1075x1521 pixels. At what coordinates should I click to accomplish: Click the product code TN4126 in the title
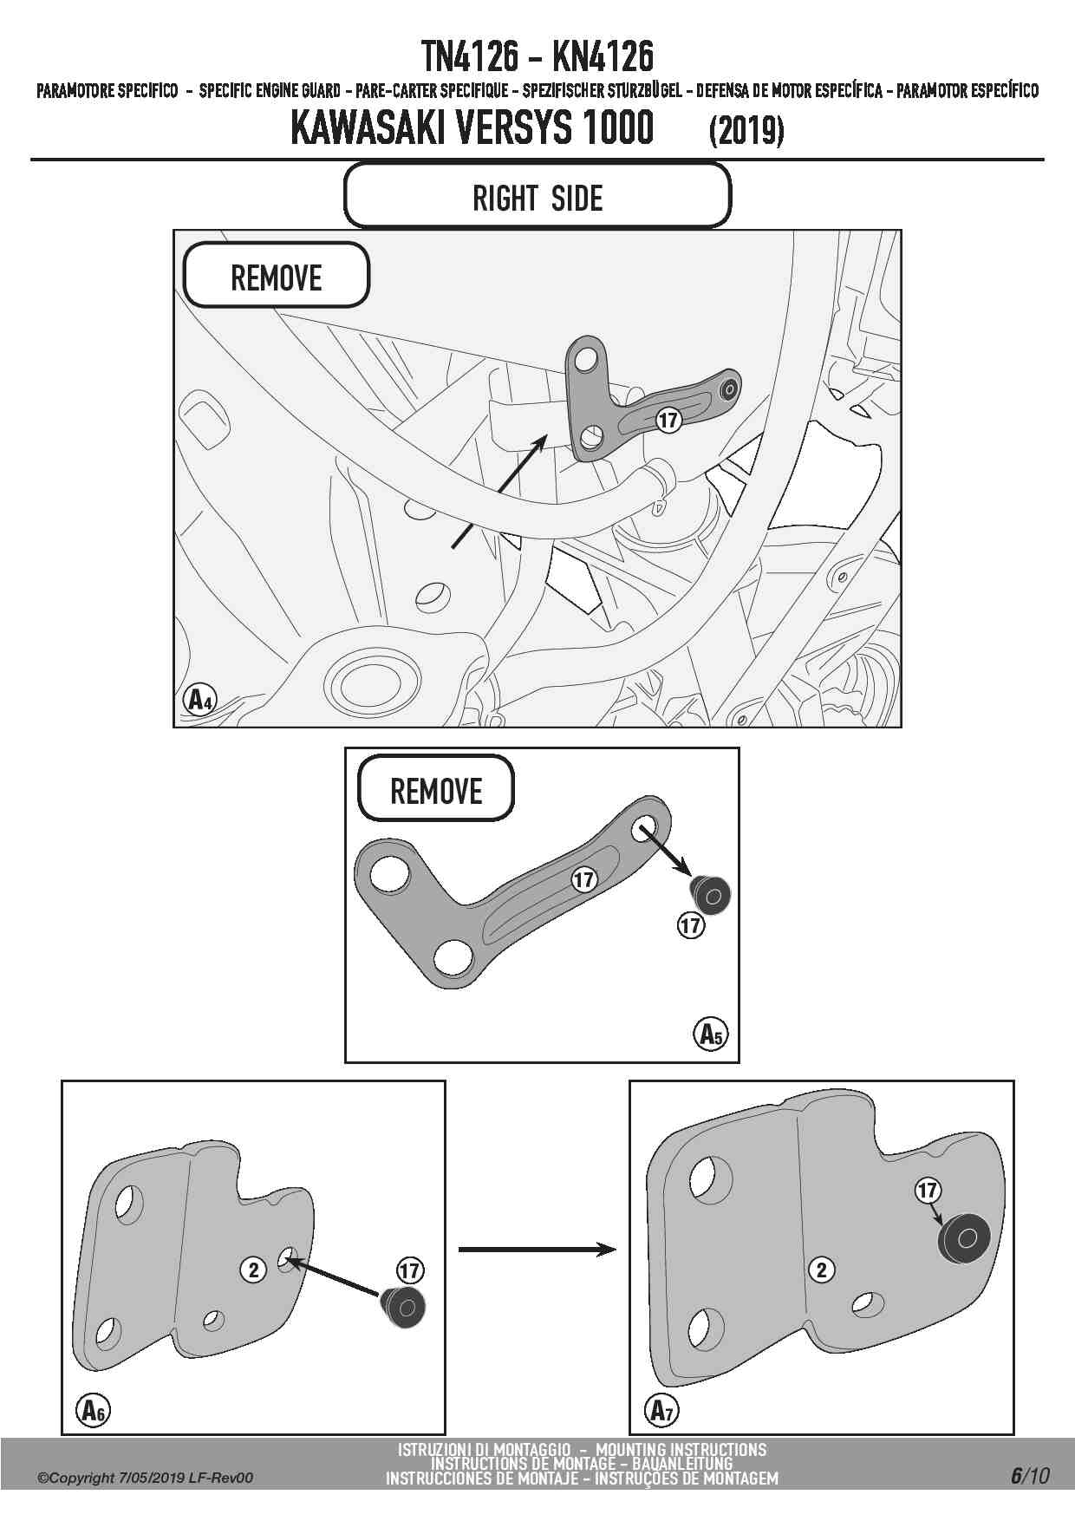click(470, 57)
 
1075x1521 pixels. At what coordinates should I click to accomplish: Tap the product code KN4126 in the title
click(603, 57)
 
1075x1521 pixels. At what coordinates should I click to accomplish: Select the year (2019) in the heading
click(746, 131)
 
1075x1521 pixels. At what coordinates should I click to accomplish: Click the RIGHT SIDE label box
click(537, 197)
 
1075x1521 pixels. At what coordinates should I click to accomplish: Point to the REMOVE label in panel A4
click(277, 277)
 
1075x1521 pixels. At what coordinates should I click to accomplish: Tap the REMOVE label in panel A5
click(436, 790)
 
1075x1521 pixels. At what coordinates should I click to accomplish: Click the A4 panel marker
click(199, 699)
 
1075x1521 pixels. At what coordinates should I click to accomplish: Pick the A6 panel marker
click(93, 1410)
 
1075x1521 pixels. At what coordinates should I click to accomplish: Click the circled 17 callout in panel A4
click(668, 421)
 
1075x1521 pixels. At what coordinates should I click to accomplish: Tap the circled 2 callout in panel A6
click(253, 1270)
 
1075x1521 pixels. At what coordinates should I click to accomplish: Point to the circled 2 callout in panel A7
click(821, 1270)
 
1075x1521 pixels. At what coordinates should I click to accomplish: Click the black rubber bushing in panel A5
click(710, 894)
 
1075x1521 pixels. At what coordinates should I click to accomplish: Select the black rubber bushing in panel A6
click(403, 1307)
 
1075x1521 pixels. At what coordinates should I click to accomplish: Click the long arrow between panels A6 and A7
click(537, 1249)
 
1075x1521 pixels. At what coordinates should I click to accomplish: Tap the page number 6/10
click(1029, 1476)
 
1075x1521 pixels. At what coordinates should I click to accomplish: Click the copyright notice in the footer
click(145, 1478)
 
